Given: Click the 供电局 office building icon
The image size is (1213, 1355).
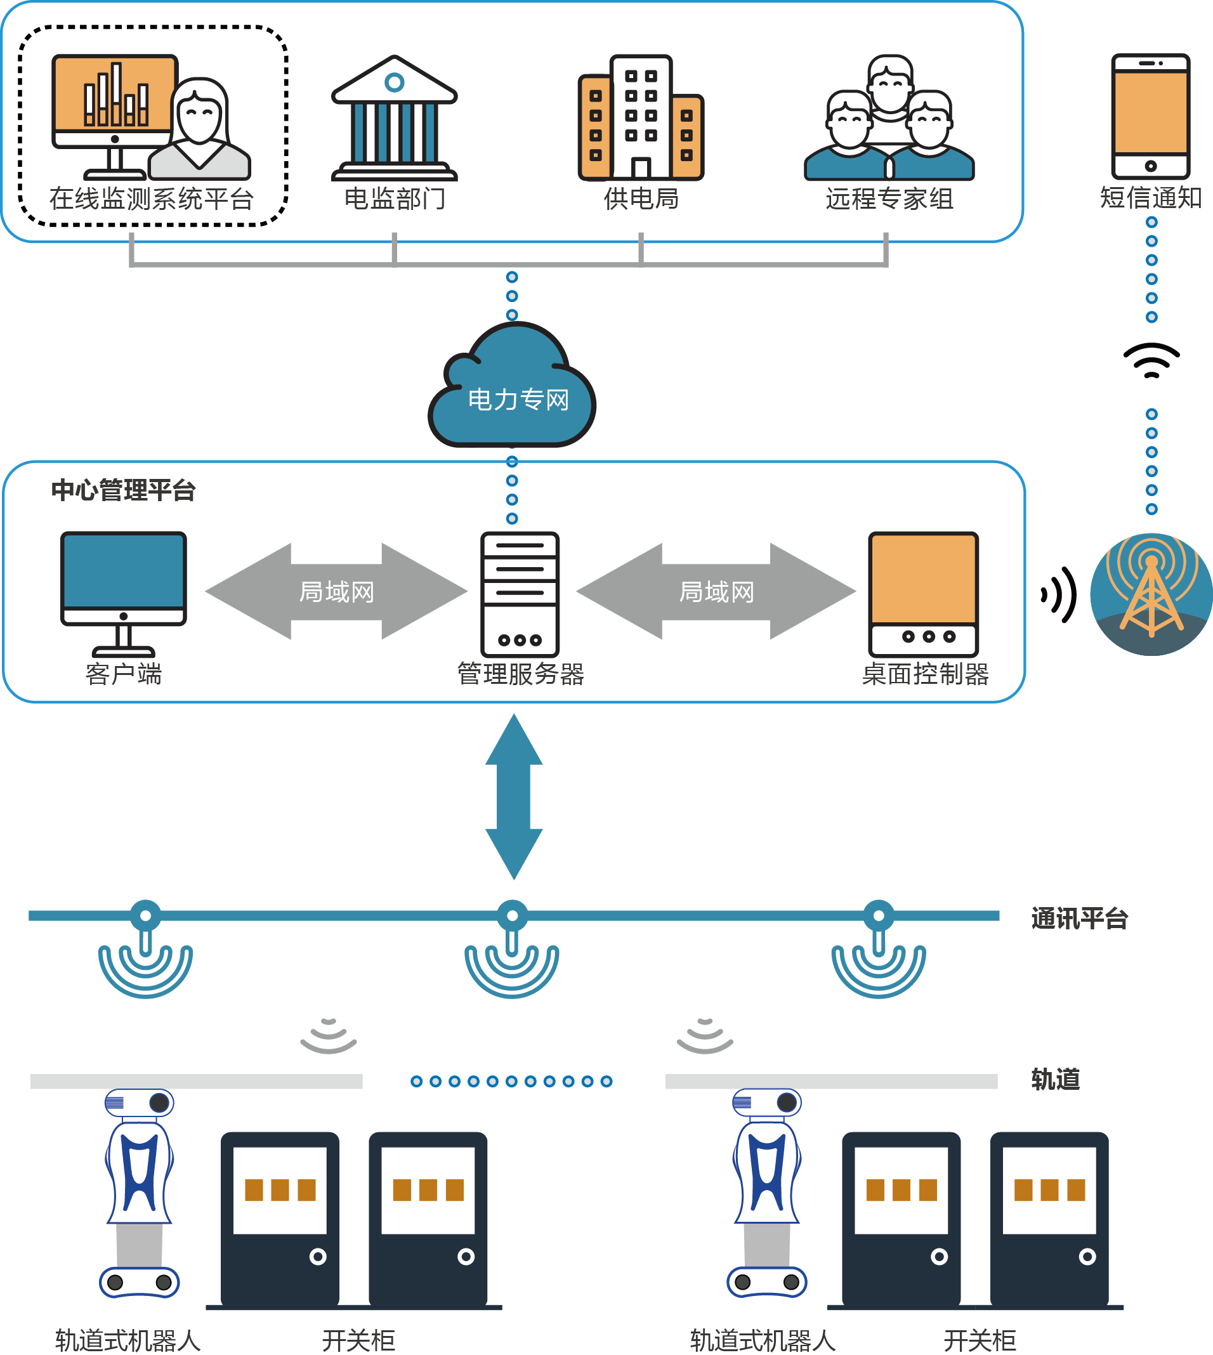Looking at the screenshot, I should click(x=641, y=119).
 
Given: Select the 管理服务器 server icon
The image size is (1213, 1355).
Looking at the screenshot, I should click(x=520, y=593).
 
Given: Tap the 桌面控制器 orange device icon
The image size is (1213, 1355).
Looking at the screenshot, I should click(x=923, y=593).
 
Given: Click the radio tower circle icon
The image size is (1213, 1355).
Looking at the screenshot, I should click(x=1151, y=594).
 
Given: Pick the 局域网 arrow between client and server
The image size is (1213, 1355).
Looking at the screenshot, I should click(x=337, y=591).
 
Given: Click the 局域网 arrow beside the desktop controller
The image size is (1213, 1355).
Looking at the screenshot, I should click(x=716, y=591).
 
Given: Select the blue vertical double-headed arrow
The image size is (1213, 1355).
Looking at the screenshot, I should click(x=514, y=797).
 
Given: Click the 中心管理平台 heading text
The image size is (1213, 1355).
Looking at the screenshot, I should click(x=123, y=490).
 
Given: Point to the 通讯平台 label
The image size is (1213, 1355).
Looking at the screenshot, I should click(x=1079, y=919).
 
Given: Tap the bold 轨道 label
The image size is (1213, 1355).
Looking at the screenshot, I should click(x=1055, y=1079).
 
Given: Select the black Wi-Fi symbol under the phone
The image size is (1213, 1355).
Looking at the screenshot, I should click(x=1151, y=360).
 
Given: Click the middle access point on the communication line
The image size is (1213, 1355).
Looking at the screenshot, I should click(x=512, y=917).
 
